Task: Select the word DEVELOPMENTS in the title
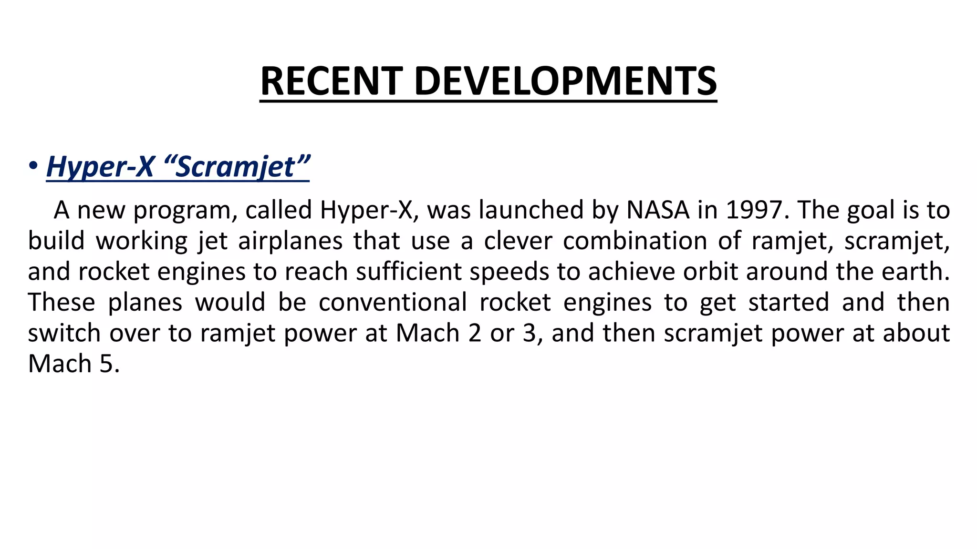pos(565,81)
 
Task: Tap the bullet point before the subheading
pos(33,166)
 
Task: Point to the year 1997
pos(756,210)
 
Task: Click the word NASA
pos(658,210)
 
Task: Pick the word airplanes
pos(290,241)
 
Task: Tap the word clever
pos(518,241)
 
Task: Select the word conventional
pos(393,302)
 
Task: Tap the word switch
pos(64,333)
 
